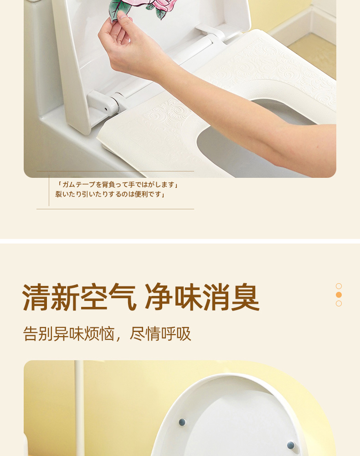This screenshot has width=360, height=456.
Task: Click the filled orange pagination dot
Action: (x=339, y=295)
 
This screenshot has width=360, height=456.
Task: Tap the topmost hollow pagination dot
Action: (x=339, y=286)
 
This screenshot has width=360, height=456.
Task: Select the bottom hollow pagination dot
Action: (x=339, y=303)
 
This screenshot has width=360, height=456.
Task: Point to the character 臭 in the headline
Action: (x=246, y=297)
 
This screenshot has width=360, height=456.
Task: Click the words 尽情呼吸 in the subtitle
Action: (x=160, y=334)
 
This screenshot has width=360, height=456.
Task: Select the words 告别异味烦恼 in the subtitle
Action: (x=69, y=334)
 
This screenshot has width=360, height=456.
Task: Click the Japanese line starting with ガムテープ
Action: (x=118, y=184)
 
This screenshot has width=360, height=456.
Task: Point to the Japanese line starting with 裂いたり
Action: (x=110, y=194)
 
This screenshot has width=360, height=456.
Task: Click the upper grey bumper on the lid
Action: (x=182, y=422)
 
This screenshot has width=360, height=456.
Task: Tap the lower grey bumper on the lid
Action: (x=291, y=445)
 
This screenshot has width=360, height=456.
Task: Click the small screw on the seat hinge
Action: (x=106, y=109)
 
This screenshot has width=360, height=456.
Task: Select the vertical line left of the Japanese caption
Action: (x=49, y=190)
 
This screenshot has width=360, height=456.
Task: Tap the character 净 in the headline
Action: (x=159, y=297)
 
